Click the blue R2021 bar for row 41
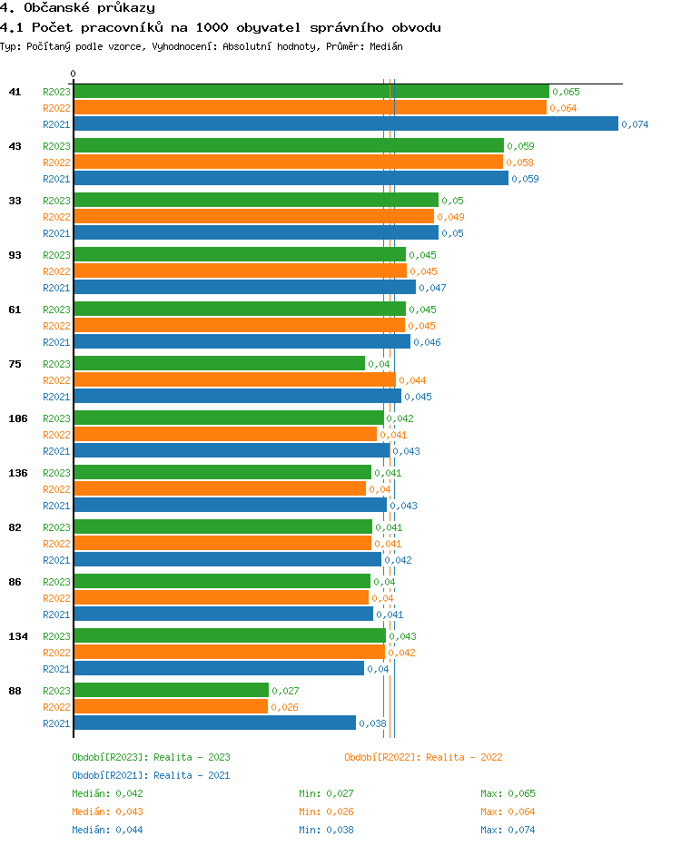click(x=345, y=124)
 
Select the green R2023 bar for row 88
click(x=171, y=691)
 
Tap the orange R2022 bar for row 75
click(x=234, y=380)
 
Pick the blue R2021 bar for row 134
click(x=218, y=669)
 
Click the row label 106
click(x=18, y=418)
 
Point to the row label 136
click(x=18, y=473)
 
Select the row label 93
click(x=15, y=255)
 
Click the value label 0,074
click(x=635, y=124)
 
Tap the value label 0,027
click(x=285, y=691)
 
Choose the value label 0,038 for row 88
click(x=372, y=723)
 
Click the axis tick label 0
click(x=74, y=74)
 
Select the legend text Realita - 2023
click(x=192, y=757)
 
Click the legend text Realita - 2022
click(x=464, y=757)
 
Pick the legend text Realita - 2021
click(x=192, y=775)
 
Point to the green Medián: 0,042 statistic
click(x=107, y=793)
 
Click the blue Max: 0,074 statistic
click(x=508, y=830)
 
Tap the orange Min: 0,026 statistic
click(x=326, y=812)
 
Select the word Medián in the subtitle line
click(x=386, y=45)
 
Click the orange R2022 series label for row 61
click(x=56, y=326)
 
